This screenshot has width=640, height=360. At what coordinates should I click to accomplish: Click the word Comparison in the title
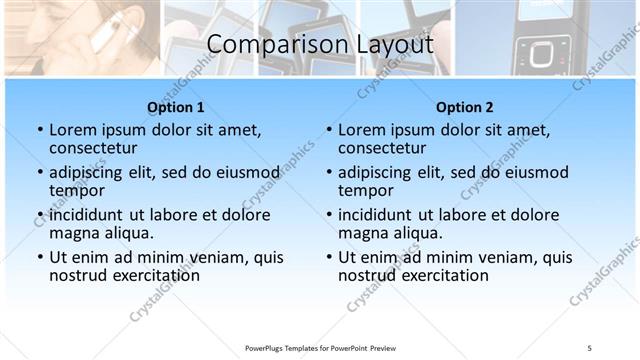(x=269, y=44)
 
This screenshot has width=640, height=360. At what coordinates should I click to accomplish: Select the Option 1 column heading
(x=176, y=107)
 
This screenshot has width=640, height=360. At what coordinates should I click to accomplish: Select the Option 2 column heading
(x=464, y=107)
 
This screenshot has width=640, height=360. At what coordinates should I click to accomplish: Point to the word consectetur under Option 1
(x=96, y=148)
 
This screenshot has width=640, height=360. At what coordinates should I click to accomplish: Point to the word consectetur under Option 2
(x=385, y=148)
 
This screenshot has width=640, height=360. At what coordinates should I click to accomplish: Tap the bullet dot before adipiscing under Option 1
(x=39, y=173)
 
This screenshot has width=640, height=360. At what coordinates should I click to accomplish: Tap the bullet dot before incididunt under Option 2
(x=328, y=215)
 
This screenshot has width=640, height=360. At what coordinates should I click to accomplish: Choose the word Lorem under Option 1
(x=73, y=130)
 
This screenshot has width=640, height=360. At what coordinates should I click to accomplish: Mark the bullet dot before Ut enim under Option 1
(x=39, y=257)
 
